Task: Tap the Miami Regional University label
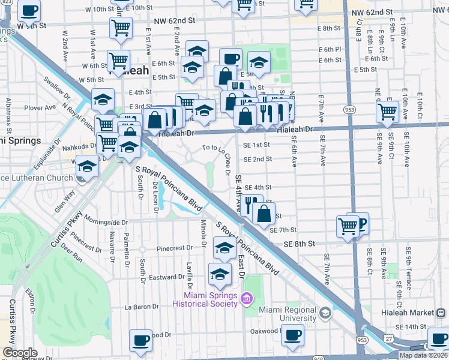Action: [288, 314]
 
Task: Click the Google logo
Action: [20, 353]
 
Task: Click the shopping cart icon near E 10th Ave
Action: [388, 111]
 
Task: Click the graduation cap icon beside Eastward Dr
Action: [220, 275]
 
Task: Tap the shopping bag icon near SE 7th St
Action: [264, 212]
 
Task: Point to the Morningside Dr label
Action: [107, 219]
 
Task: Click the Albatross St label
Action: [9, 113]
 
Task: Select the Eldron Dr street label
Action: [30, 299]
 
